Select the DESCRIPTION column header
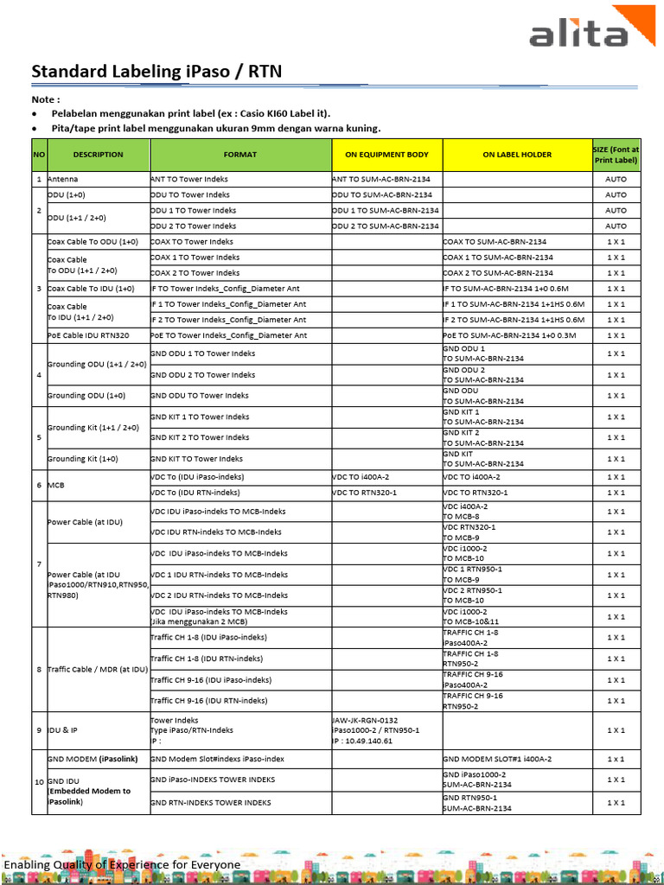(x=98, y=155)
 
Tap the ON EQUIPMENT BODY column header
(x=386, y=155)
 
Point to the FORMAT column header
(x=240, y=155)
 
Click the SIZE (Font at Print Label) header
(x=616, y=155)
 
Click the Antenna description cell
(x=62, y=179)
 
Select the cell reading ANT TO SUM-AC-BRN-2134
(x=381, y=179)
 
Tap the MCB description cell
(x=57, y=485)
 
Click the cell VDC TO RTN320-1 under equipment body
(x=365, y=493)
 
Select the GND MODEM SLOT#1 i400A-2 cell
(x=497, y=758)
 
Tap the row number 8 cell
(x=38, y=670)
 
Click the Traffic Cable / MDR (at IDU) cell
(x=96, y=670)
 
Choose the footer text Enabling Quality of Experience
(x=122, y=865)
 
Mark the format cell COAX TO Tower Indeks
(x=192, y=242)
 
